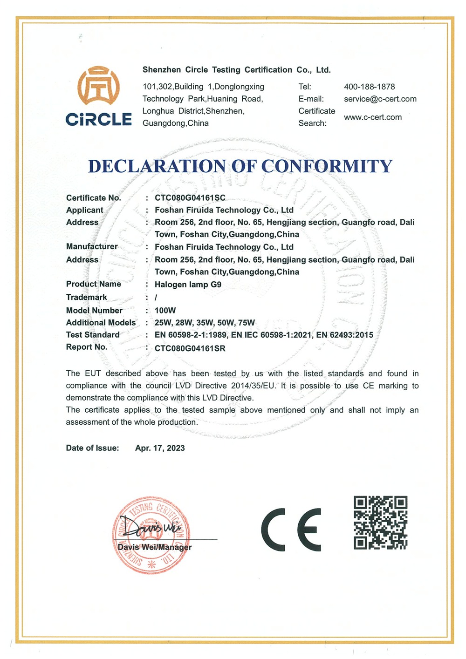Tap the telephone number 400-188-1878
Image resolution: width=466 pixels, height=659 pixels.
point(369,87)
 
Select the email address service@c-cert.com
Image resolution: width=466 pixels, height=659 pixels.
point(380,99)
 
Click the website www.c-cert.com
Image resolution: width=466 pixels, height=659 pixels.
point(372,117)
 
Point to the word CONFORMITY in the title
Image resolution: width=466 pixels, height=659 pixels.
point(327,166)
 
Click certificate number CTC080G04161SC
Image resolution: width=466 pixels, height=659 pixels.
point(190,198)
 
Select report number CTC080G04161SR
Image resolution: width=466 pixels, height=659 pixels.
point(190,348)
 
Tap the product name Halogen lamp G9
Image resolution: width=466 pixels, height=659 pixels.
point(188,285)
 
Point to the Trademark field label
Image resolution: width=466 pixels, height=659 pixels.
point(87,297)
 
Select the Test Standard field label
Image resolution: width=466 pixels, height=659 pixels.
point(93,335)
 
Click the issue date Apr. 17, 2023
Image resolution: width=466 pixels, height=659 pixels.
point(160,448)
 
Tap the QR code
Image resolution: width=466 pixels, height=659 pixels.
point(380,523)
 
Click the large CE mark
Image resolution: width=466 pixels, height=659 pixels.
point(291,530)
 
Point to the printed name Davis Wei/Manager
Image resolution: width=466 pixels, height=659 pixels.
point(154,547)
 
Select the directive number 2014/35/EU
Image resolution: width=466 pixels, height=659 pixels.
point(254,386)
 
